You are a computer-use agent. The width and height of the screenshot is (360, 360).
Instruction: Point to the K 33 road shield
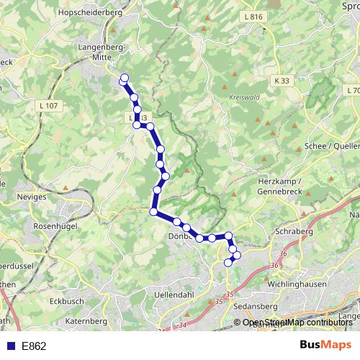point(282,81)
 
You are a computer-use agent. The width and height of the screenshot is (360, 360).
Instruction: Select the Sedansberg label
point(256,306)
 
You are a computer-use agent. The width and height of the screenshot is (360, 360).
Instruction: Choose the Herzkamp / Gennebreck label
point(283,187)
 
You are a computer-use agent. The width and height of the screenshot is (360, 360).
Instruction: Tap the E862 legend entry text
point(35,346)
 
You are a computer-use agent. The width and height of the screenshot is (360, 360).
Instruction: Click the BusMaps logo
point(325,345)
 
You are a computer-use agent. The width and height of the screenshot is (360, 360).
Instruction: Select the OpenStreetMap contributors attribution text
point(295,323)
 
